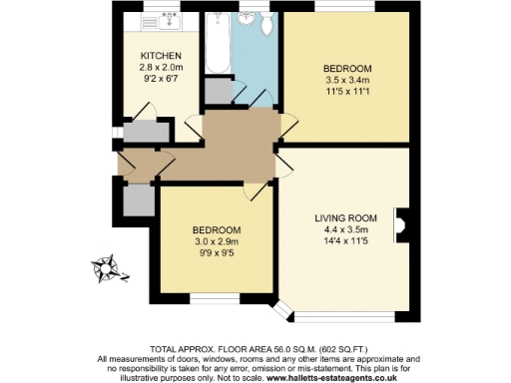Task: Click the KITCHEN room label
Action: pyautogui.click(x=160, y=54)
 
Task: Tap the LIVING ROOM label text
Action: pyautogui.click(x=344, y=216)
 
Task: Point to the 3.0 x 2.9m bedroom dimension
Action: pyautogui.click(x=217, y=239)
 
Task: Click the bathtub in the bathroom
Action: pyautogui.click(x=217, y=45)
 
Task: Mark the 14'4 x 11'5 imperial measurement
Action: pyautogui.click(x=344, y=240)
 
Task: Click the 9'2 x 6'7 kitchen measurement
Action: pyautogui.click(x=160, y=80)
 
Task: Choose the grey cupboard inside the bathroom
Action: pyautogui.click(x=218, y=90)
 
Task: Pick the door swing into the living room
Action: pyautogui.click(x=283, y=162)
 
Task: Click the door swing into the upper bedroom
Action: pyautogui.click(x=287, y=122)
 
